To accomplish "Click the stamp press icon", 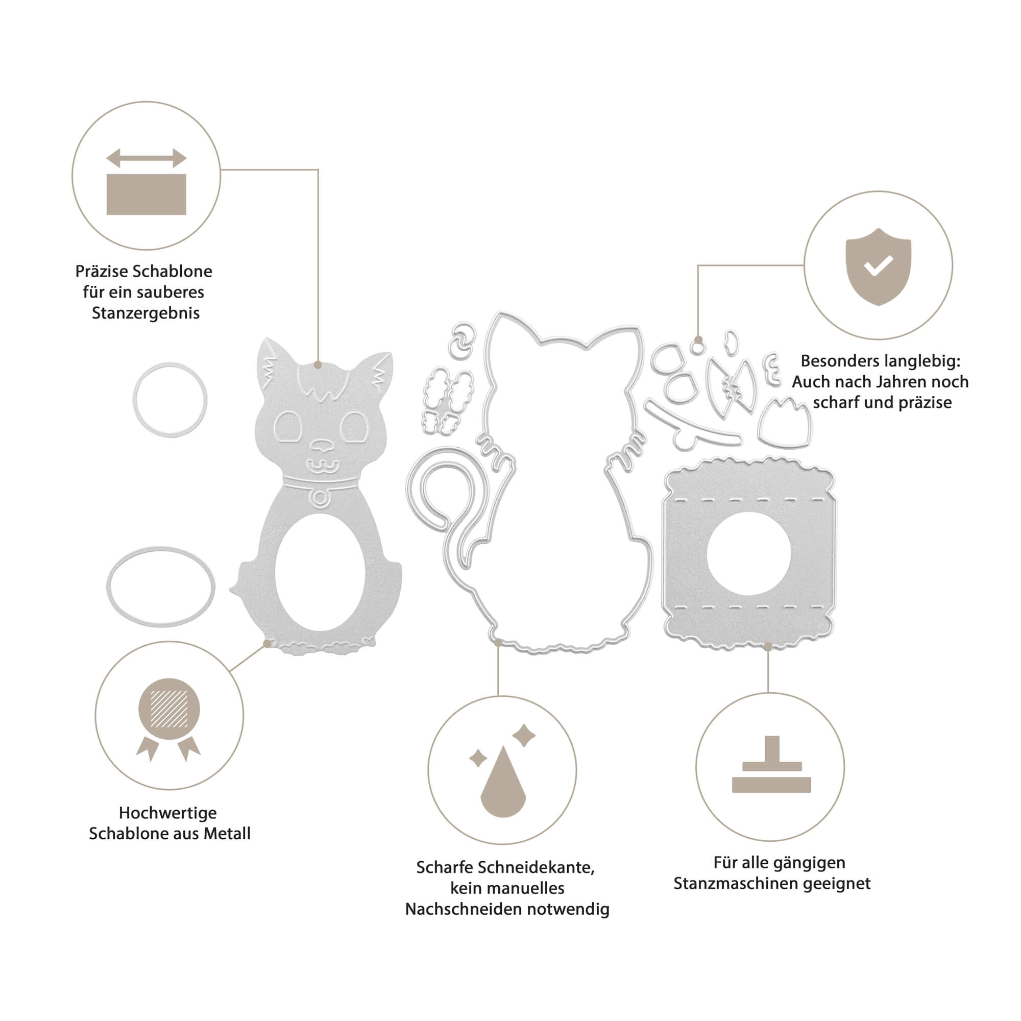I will pos(771,765).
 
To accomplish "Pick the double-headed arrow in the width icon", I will pos(147,158).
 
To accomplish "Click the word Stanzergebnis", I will pos(146,313).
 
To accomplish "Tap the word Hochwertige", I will pos(167,812).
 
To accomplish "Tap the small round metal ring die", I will pos(169,400).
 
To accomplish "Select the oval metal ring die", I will pos(161,587).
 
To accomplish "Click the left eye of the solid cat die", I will pos(288,426).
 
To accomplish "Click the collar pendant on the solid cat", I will pos(320,498).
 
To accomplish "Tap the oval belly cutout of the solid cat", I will pos(320,572).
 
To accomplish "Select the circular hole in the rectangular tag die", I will pos(748,553).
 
